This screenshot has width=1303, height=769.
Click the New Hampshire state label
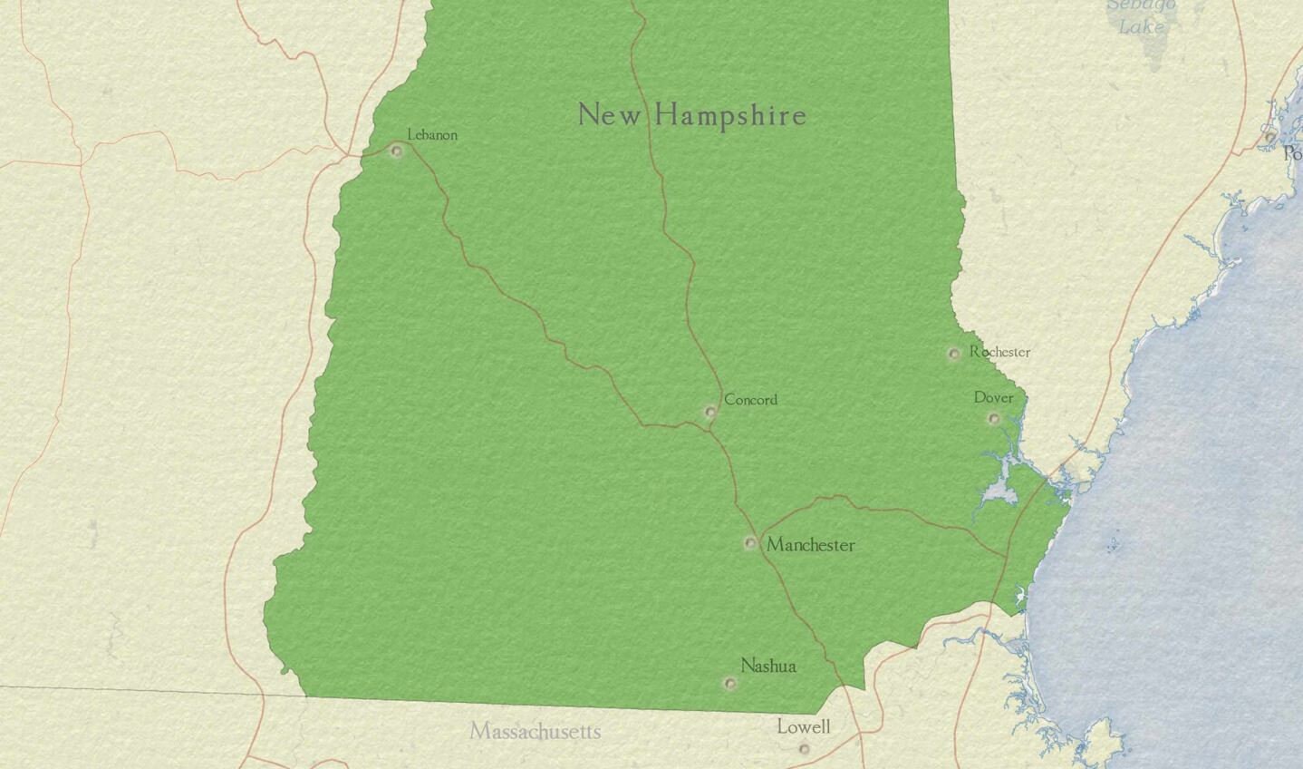click(691, 115)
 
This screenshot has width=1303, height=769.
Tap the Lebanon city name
click(432, 135)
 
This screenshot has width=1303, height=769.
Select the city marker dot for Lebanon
click(396, 151)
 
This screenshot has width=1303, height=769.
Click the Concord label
click(750, 399)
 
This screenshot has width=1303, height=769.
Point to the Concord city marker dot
click(709, 413)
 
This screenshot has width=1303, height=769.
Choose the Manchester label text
click(810, 545)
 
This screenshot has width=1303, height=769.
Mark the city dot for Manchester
click(750, 543)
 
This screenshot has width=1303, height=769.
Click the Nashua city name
click(768, 666)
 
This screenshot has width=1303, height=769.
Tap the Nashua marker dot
click(729, 683)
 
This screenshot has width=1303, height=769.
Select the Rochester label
click(999, 352)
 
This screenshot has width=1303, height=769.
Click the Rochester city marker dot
click(953, 354)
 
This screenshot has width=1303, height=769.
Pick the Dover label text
click(993, 397)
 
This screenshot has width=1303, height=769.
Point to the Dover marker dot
click(993, 418)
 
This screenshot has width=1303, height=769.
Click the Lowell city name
click(803, 726)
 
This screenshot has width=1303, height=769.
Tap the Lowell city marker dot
click(804, 748)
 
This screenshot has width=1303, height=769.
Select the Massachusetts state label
click(535, 731)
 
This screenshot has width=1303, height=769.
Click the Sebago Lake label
click(1141, 16)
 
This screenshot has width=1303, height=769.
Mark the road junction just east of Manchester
click(760, 532)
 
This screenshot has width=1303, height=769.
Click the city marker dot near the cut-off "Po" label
click(1270, 136)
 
